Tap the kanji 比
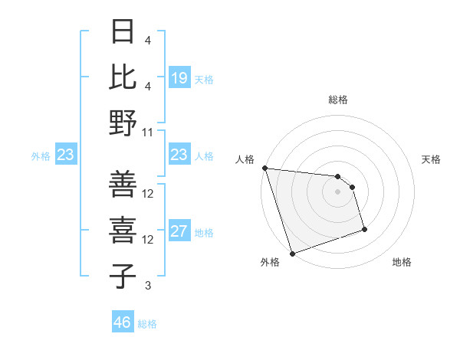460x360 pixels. pyautogui.click(x=123, y=77)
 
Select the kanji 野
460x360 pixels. pyautogui.click(x=123, y=123)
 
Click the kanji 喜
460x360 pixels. pyautogui.click(x=123, y=231)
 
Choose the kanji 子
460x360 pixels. pyautogui.click(x=123, y=277)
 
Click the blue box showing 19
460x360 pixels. pyautogui.click(x=179, y=77)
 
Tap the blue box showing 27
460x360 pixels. pyautogui.click(x=179, y=231)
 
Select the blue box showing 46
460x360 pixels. pyautogui.click(x=123, y=322)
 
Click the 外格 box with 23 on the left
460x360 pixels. pyautogui.click(x=66, y=155)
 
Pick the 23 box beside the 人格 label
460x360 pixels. pyautogui.click(x=179, y=155)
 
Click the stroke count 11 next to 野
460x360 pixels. pyautogui.click(x=147, y=132)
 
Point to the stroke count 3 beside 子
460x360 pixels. pyautogui.click(x=147, y=286)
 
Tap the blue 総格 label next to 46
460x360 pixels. pyautogui.click(x=147, y=323)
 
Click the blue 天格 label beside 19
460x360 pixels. pyautogui.click(x=204, y=78)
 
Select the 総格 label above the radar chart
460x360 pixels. pyautogui.click(x=337, y=100)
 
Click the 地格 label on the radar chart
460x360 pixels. pyautogui.click(x=402, y=262)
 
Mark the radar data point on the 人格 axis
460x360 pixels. pyautogui.click(x=264, y=168)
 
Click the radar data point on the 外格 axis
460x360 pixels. pyautogui.click(x=292, y=253)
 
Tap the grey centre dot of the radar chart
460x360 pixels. pyautogui.click(x=337, y=191)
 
